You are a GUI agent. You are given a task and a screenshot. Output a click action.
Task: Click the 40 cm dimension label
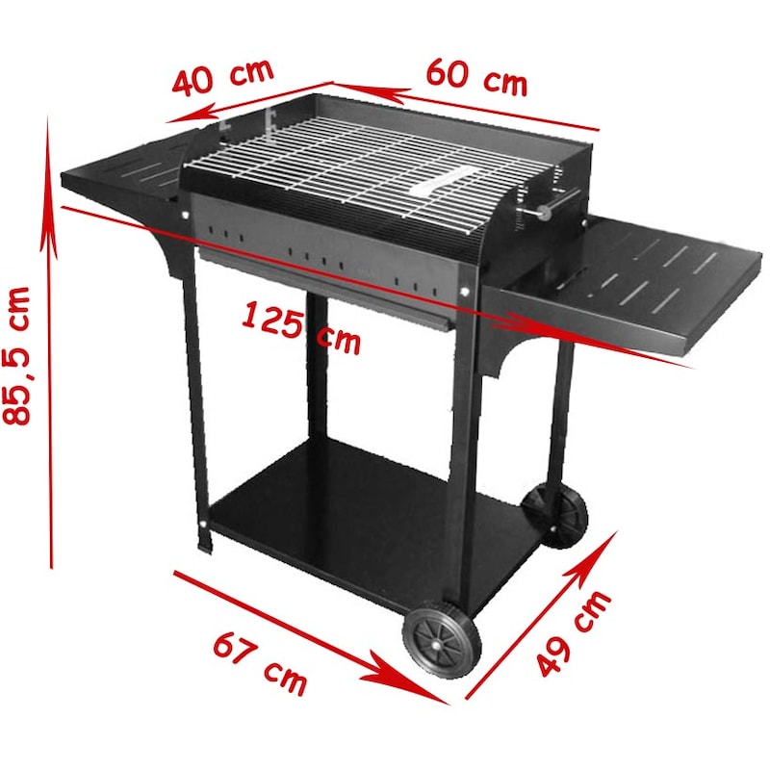click(x=222, y=77)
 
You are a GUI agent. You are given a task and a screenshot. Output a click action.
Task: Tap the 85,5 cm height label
click(x=17, y=355)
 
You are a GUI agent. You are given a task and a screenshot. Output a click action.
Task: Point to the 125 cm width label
click(x=301, y=327)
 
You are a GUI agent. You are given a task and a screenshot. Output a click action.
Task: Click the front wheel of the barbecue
click(x=442, y=638)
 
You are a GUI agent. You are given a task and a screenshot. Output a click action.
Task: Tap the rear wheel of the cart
click(x=555, y=516)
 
